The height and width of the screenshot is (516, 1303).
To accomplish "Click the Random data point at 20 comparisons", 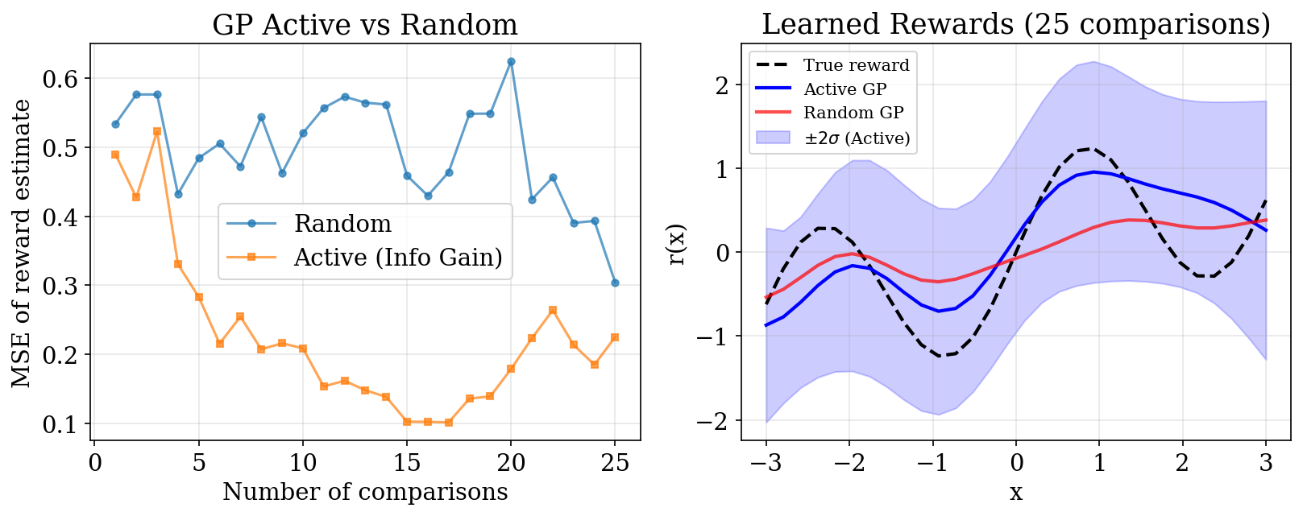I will [x=511, y=61].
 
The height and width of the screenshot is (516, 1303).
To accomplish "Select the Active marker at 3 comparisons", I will [x=157, y=131].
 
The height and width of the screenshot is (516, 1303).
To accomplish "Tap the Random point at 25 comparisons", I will [x=615, y=283].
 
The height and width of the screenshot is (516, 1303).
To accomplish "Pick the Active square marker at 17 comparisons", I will [x=449, y=422].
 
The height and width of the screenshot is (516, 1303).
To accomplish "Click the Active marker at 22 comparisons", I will [x=553, y=310].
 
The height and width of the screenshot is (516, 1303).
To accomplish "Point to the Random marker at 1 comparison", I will [x=115, y=124].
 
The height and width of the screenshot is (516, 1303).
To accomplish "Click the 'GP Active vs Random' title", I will [x=365, y=25].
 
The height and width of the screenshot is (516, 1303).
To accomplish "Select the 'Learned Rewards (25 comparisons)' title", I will [x=1015, y=25].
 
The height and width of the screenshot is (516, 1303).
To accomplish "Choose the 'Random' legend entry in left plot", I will [x=342, y=223].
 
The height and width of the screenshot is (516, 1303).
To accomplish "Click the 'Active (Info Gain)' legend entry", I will [x=398, y=257].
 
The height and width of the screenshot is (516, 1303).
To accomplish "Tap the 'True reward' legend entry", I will [x=856, y=65].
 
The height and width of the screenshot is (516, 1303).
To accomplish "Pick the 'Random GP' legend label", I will [x=853, y=113].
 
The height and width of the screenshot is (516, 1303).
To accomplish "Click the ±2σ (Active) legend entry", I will [x=857, y=138].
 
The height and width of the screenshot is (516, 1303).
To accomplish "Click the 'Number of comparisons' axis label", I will [x=365, y=492].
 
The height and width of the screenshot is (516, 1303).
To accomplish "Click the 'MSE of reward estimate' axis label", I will [x=23, y=242].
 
